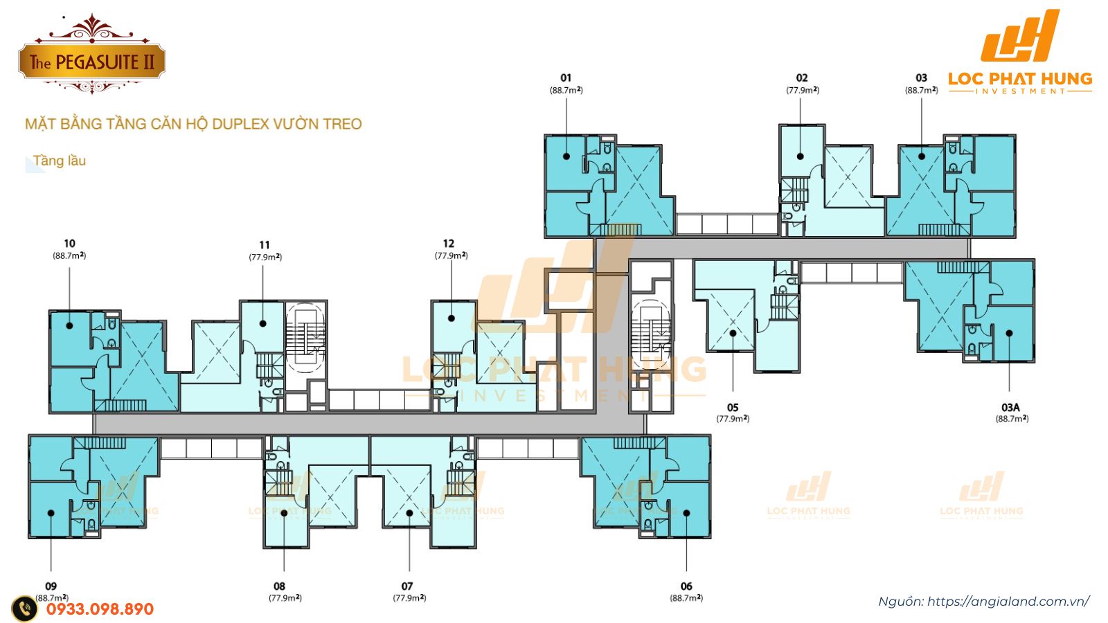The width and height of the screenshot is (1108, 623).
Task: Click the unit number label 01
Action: (566, 78)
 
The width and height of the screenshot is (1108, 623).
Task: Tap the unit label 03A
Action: (1010, 407)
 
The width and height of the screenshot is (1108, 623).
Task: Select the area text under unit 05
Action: (733, 419)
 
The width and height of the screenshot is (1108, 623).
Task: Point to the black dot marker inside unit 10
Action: (69, 325)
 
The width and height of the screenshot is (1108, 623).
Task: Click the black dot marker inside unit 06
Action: (686, 513)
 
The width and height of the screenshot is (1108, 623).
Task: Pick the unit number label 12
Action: (449, 243)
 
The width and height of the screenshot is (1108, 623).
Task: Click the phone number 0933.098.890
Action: (100, 609)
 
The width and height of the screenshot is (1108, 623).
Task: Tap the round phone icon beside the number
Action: (25, 608)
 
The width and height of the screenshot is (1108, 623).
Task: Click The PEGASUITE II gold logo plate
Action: (91, 62)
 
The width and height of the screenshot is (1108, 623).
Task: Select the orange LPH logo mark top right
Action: (1020, 36)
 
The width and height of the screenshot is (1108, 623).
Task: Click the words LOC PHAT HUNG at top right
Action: (1020, 78)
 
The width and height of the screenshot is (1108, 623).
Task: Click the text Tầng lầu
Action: (60, 161)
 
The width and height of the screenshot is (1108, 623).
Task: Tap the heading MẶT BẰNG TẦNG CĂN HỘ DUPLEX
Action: (193, 124)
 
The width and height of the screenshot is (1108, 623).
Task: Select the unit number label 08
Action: (279, 586)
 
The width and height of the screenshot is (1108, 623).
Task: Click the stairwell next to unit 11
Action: (305, 338)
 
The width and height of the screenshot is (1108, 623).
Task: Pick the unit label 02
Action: (802, 78)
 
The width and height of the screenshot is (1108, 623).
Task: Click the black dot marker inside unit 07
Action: (409, 513)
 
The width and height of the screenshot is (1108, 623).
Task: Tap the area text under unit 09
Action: (52, 597)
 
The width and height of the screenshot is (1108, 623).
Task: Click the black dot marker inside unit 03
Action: (922, 156)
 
